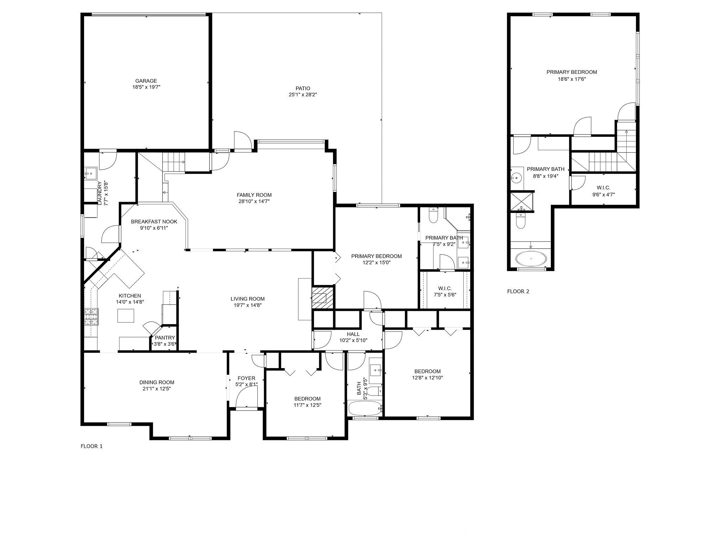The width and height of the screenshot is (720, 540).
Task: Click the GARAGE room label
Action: click(146, 81)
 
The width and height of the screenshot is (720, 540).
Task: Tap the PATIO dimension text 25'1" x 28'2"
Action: click(303, 95)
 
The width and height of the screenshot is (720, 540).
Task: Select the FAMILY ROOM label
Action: click(254, 195)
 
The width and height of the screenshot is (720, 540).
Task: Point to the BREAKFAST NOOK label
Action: click(154, 221)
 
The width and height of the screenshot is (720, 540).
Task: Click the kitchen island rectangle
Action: click(126, 315)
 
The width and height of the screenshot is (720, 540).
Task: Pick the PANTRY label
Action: click(165, 338)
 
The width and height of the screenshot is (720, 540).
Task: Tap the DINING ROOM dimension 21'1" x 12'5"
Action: click(156, 389)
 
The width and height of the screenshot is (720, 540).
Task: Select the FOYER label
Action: click(246, 378)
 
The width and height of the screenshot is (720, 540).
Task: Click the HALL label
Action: click(353, 334)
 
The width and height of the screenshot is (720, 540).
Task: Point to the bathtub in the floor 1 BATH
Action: click(365, 409)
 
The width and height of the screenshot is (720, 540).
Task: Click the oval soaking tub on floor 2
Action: click(531, 259)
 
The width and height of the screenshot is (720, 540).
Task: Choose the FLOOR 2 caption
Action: click(518, 291)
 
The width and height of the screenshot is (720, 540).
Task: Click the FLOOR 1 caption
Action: click(91, 446)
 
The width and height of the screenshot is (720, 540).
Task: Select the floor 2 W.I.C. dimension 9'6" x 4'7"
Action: click(603, 194)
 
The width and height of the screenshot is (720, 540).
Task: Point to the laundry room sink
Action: click(91, 173)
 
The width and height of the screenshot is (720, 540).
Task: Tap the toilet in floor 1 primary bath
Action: click(433, 216)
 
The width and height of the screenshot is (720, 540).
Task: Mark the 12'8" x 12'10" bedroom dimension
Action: click(427, 378)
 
